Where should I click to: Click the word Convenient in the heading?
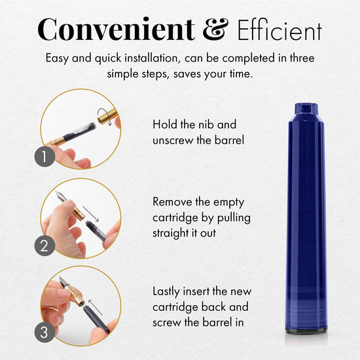pyautogui.click(x=116, y=29)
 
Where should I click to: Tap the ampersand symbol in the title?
pyautogui.click(x=215, y=29)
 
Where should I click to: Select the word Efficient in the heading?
pyautogui.click(x=279, y=30)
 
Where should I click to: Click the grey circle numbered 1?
pyautogui.click(x=45, y=156)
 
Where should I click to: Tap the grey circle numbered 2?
pyautogui.click(x=45, y=245)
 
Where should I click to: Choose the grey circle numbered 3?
pyautogui.click(x=45, y=333)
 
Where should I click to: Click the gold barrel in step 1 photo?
pyautogui.click(x=107, y=116)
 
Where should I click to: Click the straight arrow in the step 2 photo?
pyautogui.click(x=91, y=214)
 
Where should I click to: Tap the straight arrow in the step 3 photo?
pyautogui.click(x=95, y=307)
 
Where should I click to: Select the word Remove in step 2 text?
pyautogui.click(x=172, y=202)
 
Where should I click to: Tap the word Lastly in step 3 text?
pyautogui.click(x=166, y=292)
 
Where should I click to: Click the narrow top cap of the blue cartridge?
pyautogui.click(x=306, y=109)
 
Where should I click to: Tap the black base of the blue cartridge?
pyautogui.click(x=306, y=330)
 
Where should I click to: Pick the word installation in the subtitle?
pyautogui.click(x=151, y=58)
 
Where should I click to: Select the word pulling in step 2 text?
pyautogui.click(x=234, y=218)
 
